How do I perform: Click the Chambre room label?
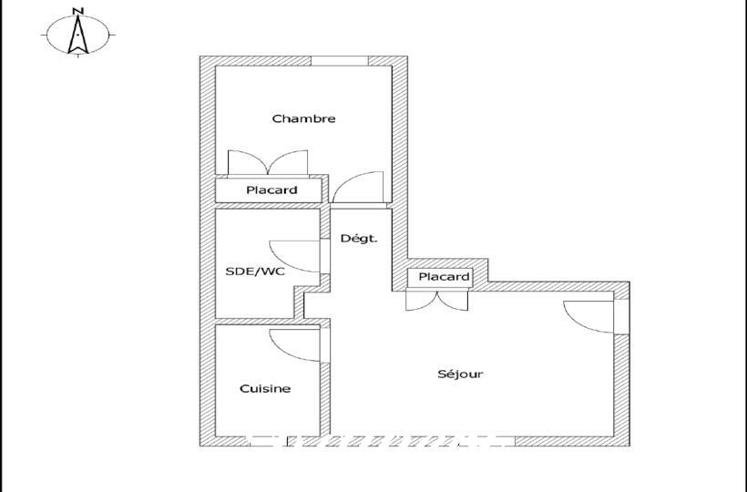[303, 118]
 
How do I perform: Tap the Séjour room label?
[460, 374]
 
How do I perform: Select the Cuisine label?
[265, 389]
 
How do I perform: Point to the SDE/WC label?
[255, 272]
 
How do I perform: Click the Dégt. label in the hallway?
[359, 239]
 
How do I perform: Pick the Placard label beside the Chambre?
[271, 190]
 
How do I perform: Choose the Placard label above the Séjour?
[444, 277]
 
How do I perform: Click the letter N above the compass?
[78, 11]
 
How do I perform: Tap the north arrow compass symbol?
[78, 36]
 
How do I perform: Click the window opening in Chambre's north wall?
[340, 61]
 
